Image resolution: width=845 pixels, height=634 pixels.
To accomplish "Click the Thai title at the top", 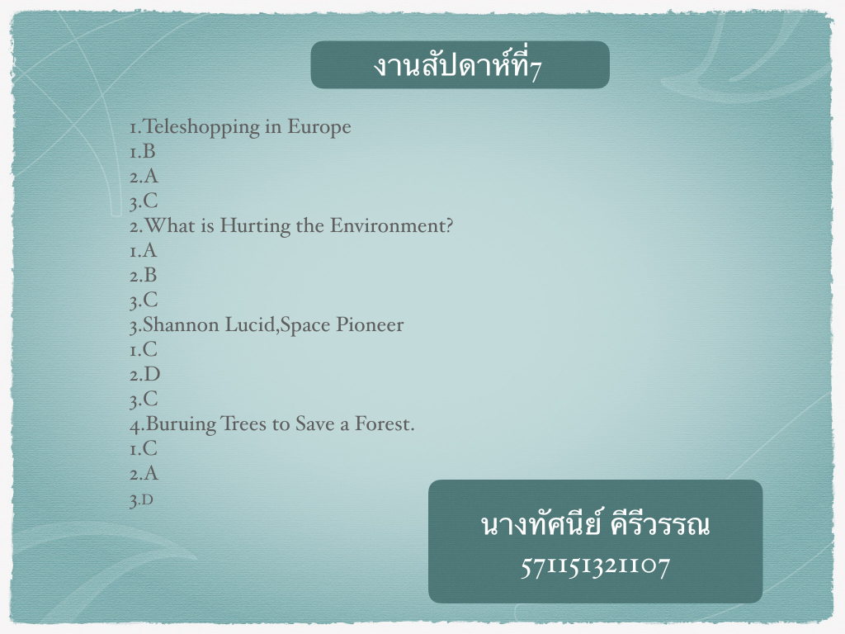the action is click(x=457, y=65).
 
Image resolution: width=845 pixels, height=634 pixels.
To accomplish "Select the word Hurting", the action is click(x=255, y=226).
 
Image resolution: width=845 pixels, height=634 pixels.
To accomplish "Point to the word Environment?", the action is click(x=391, y=225).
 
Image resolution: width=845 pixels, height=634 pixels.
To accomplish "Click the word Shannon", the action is click(x=181, y=324).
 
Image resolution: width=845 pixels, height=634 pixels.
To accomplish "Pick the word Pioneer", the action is click(x=370, y=324).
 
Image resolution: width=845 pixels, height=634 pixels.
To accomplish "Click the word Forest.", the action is click(x=385, y=423).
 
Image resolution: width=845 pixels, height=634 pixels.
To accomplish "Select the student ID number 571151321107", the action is click(x=595, y=566).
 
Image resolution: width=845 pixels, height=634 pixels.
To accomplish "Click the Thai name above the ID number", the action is click(x=595, y=524).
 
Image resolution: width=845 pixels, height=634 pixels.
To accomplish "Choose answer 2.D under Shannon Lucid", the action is click(x=145, y=374).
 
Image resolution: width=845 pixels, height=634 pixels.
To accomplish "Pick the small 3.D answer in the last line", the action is click(x=141, y=500).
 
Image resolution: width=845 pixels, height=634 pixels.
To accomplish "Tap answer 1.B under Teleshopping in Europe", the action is click(x=142, y=152).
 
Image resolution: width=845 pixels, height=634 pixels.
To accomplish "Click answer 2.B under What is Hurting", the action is click(x=144, y=276).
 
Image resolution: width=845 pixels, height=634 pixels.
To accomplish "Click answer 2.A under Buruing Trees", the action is click(x=144, y=473).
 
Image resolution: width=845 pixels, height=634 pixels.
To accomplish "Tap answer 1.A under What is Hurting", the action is click(x=143, y=251).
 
